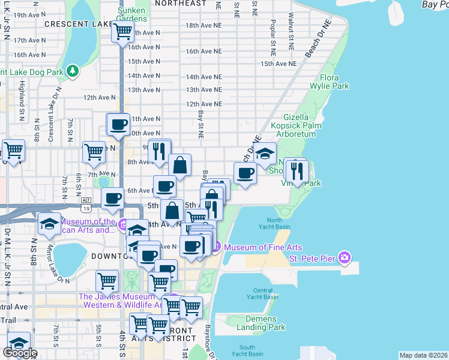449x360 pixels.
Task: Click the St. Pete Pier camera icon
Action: pyautogui.click(x=344, y=258)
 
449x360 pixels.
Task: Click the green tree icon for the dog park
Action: pyautogui.click(x=73, y=71)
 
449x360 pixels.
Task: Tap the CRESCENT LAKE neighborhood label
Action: pyautogui.click(x=79, y=24)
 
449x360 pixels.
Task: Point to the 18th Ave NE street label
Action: pyautogui.click(x=203, y=26)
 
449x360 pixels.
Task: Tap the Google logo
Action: pyautogui.click(x=20, y=353)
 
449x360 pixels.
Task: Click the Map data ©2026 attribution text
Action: pyautogui.click(x=423, y=355)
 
